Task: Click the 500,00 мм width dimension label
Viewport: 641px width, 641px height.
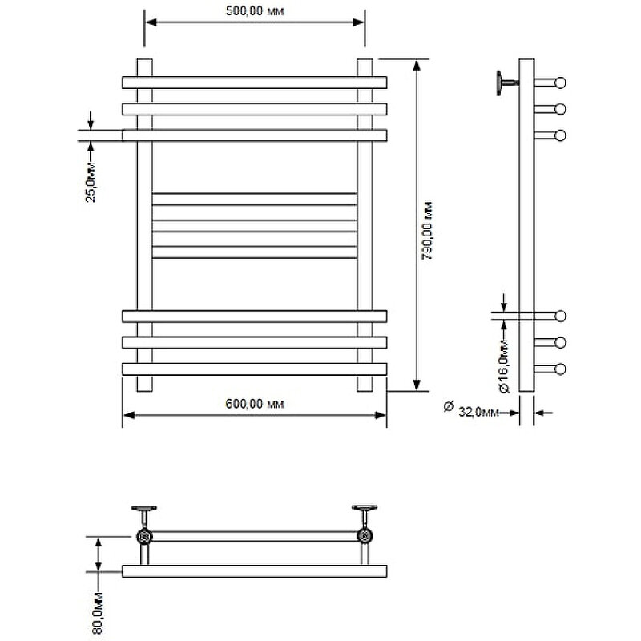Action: pos(255,10)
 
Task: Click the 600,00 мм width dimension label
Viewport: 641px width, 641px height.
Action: pos(253,403)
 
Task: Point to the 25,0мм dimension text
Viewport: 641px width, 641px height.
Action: pos(91,182)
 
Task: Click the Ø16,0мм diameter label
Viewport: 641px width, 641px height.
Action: pos(504,365)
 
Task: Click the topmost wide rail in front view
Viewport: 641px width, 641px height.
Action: pos(254,82)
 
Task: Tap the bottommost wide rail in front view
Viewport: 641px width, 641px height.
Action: pos(254,369)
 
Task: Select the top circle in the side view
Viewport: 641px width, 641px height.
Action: pos(560,82)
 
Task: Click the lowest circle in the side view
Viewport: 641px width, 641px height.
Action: pos(560,369)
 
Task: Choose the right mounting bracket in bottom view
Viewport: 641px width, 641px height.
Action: pos(364,510)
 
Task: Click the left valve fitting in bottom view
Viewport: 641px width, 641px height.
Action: pos(144,536)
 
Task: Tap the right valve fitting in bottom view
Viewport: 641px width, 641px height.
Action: pos(365,536)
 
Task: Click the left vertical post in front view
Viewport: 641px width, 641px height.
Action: pos(144,224)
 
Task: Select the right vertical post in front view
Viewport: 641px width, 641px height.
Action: pos(365,224)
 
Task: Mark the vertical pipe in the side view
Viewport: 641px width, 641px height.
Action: pos(526,224)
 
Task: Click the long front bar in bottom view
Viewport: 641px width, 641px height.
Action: pos(254,571)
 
